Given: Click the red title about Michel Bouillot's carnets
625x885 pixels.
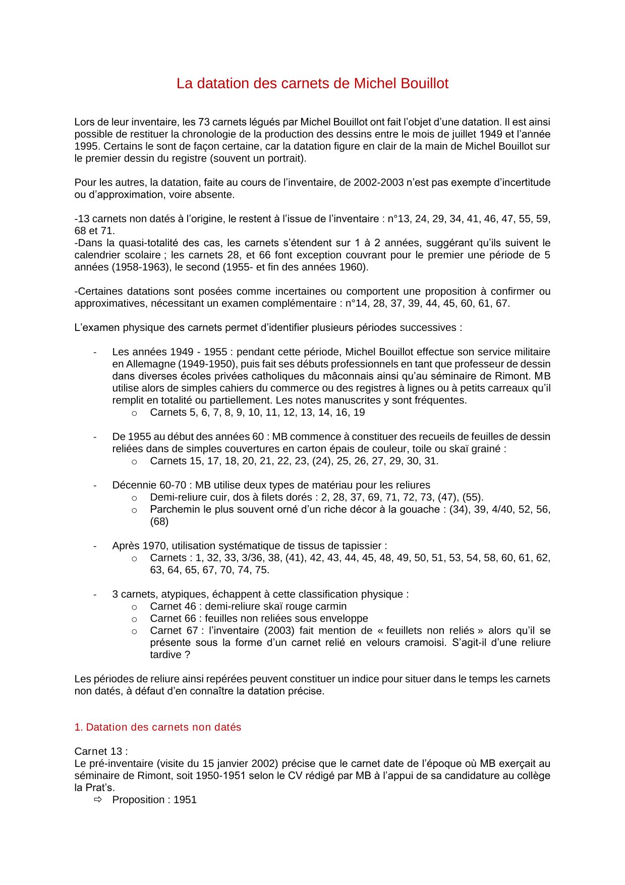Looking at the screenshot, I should coord(312,84).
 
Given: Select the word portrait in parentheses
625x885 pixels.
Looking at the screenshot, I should coord(286,158).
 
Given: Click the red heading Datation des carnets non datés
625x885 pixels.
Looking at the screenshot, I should coord(158,728).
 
